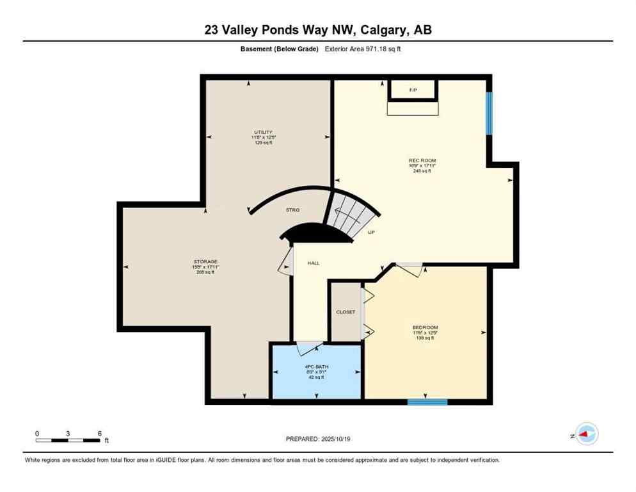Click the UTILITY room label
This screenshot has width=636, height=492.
click(x=263, y=132)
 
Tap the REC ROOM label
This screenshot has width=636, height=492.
click(x=422, y=160)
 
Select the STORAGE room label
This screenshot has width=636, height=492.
click(x=206, y=261)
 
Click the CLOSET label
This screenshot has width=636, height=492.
click(x=346, y=312)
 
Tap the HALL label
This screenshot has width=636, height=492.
click(x=314, y=263)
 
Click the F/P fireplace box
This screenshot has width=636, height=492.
click(x=413, y=90)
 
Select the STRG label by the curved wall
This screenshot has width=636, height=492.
click(x=292, y=210)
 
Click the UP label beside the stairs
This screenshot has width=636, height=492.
click(x=371, y=233)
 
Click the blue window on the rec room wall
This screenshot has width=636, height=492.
click(x=489, y=113)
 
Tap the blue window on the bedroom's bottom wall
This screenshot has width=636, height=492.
click(x=427, y=402)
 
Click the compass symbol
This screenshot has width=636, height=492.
click(x=586, y=434)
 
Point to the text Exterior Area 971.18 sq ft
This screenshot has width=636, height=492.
click(x=363, y=49)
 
